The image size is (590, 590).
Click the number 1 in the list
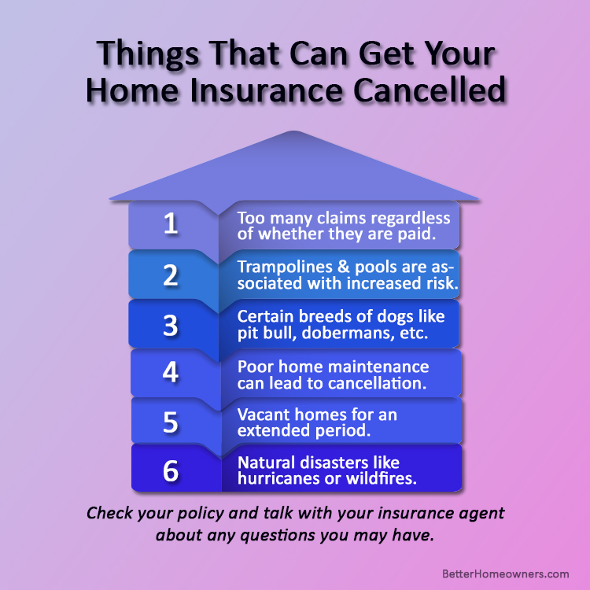tap(171, 223)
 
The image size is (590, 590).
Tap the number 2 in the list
tap(171, 275)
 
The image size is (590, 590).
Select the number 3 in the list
tap(171, 325)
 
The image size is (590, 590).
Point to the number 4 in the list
tap(171, 372)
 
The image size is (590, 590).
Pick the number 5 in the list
tap(171, 422)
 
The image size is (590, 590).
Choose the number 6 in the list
tap(171, 470)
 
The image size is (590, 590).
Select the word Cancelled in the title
tap(430, 90)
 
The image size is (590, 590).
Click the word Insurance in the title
tap(267, 90)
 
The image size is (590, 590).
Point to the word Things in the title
tap(148, 53)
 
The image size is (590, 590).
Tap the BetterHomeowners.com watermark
tap(505, 573)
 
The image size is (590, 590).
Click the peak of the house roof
tap(294, 131)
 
